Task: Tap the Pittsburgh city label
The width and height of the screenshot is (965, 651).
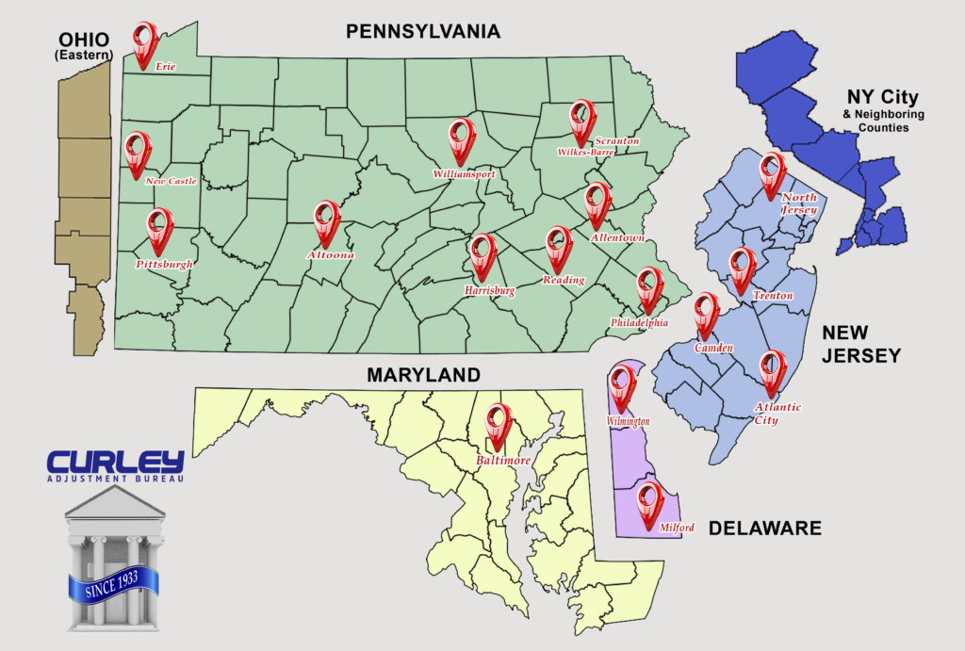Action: (x=164, y=265)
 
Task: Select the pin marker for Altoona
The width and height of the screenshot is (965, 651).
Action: (x=326, y=221)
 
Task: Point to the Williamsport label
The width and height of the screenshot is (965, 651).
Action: (x=464, y=174)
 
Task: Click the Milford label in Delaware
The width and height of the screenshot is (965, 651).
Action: (x=676, y=528)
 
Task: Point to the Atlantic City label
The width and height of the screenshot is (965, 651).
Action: (x=777, y=414)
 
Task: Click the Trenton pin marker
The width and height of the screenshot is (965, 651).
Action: (x=743, y=269)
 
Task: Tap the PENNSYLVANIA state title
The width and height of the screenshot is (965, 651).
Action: (x=422, y=33)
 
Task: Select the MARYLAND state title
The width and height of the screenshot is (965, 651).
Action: (x=424, y=375)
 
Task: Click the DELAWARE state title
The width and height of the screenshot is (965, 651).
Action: (x=764, y=529)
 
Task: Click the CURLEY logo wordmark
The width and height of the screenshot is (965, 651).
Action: (x=115, y=463)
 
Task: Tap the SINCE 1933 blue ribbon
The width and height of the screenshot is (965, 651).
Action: (x=113, y=587)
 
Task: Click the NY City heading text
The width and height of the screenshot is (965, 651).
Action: (x=882, y=97)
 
